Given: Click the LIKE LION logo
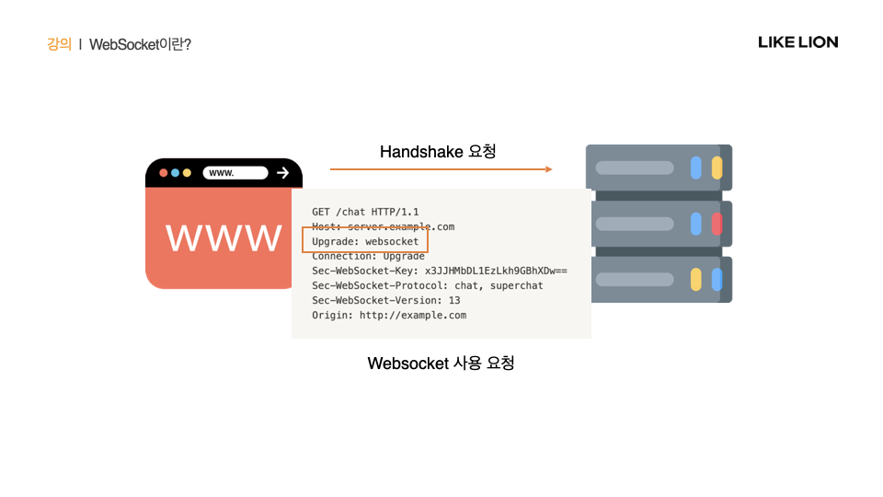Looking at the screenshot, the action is [797, 42].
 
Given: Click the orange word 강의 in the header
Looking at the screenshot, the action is [59, 43].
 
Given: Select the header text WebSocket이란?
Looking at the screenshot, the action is [140, 43].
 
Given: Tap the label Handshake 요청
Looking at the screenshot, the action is [438, 151].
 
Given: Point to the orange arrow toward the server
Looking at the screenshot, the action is [441, 169].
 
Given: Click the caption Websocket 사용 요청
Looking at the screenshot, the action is [441, 363].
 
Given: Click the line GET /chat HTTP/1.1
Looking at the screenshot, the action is [365, 212].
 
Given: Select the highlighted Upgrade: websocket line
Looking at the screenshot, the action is [365, 241].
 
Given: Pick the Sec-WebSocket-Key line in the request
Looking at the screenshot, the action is [439, 271].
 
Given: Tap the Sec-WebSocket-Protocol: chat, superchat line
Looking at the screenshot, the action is [428, 285].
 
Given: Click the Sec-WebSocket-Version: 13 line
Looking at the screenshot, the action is [386, 300].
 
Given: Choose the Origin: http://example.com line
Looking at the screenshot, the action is [389, 315].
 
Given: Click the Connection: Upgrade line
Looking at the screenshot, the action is [368, 256].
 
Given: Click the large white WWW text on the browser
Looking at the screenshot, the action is [224, 237].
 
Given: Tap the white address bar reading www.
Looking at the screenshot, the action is [235, 172].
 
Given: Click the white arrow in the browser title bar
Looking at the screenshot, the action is [282, 172].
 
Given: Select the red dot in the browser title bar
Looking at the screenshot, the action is [164, 173].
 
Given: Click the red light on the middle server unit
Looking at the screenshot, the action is [717, 224].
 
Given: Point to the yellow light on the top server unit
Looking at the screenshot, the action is [717, 168].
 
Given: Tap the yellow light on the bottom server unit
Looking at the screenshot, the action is [696, 279].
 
